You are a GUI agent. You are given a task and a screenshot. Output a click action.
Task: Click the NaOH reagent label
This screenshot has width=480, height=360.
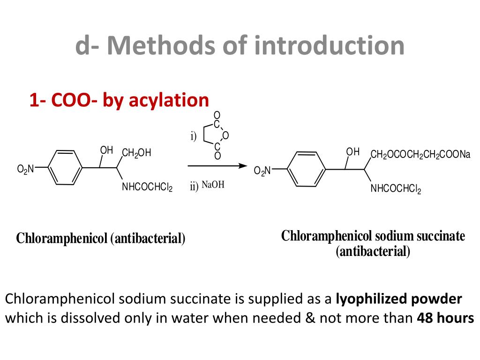point(213,185)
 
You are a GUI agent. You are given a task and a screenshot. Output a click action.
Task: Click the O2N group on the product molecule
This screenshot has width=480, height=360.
point(262,171)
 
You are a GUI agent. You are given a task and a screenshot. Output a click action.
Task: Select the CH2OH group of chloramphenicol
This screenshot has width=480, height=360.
point(136,153)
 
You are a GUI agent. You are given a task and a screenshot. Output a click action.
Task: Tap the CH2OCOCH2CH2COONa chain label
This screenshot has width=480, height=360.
point(420,155)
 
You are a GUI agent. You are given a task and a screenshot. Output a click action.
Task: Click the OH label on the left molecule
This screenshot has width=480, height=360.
point(106,150)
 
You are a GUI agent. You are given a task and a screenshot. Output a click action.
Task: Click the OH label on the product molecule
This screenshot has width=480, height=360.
point(352,152)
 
